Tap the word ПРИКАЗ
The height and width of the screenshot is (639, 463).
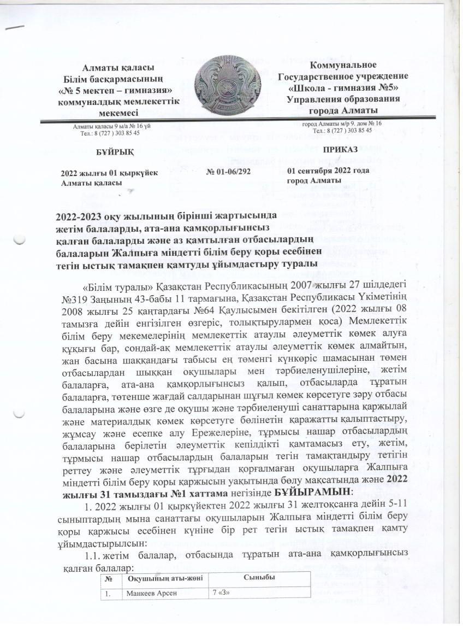(x=340, y=149)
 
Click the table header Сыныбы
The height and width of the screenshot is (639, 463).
(x=259, y=577)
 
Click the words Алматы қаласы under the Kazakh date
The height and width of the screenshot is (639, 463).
(x=91, y=181)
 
